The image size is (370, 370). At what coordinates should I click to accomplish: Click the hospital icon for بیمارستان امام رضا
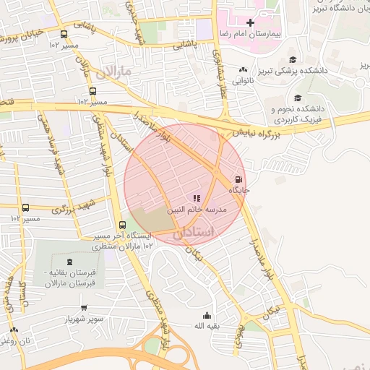tap(251, 23)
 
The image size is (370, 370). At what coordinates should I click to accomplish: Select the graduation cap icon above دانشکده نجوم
tap(297, 98)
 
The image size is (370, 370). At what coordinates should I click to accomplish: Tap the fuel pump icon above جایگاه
tap(238, 179)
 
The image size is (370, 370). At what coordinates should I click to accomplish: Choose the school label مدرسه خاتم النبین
tap(198, 210)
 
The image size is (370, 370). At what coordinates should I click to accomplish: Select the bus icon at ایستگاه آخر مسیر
tap(121, 225)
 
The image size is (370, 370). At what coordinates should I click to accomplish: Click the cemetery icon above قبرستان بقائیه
tap(69, 261)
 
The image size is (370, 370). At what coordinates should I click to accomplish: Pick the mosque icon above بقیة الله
tap(207, 315)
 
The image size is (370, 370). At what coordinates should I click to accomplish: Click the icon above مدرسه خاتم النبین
tap(195, 197)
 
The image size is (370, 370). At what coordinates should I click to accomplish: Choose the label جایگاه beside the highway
tap(239, 190)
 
